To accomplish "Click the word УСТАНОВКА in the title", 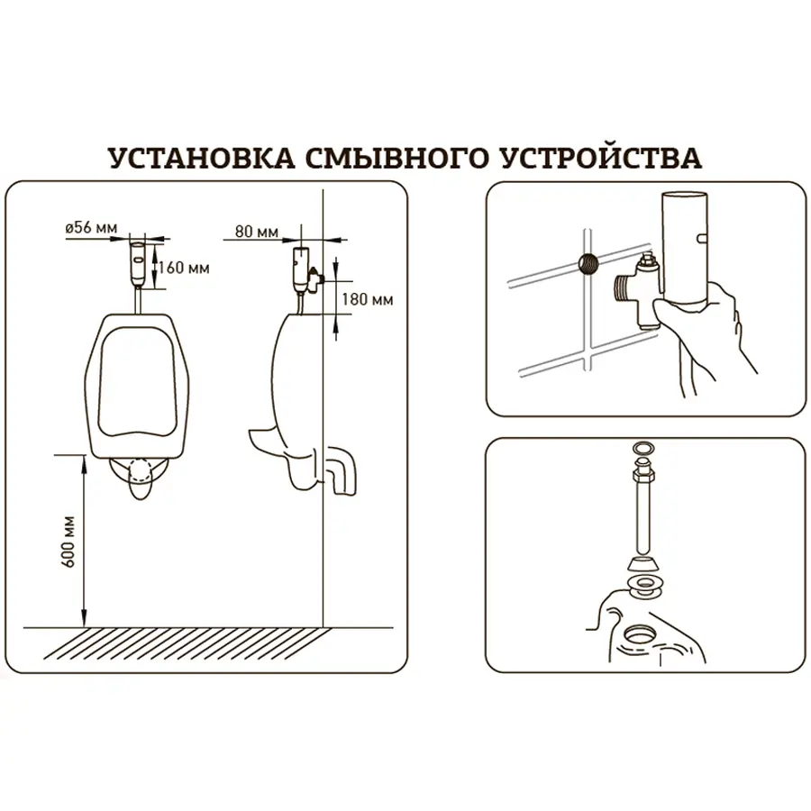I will click(199, 157).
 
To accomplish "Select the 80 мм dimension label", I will click(256, 232).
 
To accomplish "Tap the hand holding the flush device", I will click(721, 324).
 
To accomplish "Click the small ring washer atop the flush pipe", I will click(642, 448).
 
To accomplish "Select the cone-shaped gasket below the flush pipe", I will click(642, 565).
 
